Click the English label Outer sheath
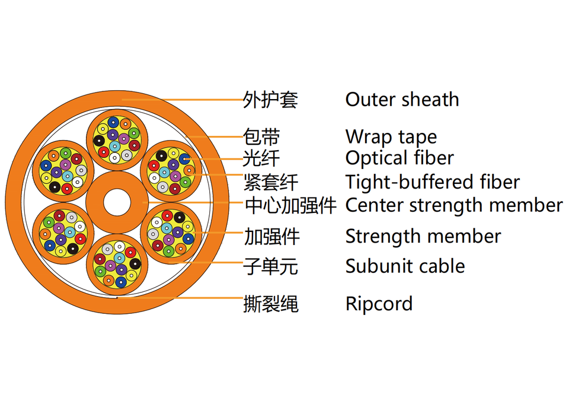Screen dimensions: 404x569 [x=402, y=100]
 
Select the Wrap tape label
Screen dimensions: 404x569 [x=391, y=137]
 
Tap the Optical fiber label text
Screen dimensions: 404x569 [x=399, y=158]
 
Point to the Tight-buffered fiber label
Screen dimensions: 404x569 [x=433, y=182]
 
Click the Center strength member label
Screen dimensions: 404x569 [x=453, y=206]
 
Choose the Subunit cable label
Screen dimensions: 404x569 [x=405, y=266]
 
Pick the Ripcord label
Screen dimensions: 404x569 [x=379, y=304]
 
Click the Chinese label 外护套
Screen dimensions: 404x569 [x=270, y=100]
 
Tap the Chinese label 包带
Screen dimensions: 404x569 [x=261, y=137]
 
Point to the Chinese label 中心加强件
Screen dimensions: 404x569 [x=290, y=206]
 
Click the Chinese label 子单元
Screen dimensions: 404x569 [x=270, y=266]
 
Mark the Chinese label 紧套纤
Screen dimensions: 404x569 [x=270, y=182]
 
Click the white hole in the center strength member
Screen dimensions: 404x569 [x=117, y=203]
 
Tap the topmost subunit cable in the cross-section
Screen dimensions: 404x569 [x=117, y=140]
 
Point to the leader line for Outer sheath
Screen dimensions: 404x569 [x=190, y=100]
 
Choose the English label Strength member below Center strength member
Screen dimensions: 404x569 [x=423, y=237]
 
